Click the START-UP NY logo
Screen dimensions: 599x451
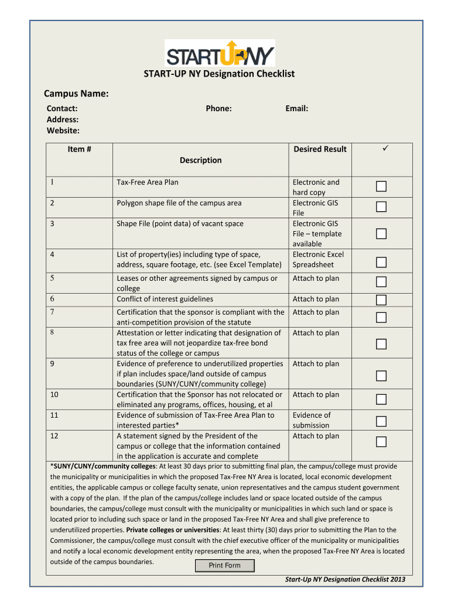click(x=220, y=53)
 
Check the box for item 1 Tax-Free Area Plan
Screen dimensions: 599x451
click(x=381, y=187)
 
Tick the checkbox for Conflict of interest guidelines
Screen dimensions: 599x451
click(x=381, y=300)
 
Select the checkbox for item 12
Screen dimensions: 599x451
click(x=381, y=442)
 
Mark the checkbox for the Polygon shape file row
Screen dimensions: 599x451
click(x=381, y=206)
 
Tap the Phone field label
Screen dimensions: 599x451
click(x=218, y=108)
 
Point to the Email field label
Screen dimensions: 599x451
click(x=296, y=108)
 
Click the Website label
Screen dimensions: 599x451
click(x=63, y=130)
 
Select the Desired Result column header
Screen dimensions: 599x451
click(x=320, y=149)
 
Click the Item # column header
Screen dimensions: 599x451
click(x=79, y=149)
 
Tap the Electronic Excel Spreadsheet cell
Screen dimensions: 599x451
click(x=318, y=259)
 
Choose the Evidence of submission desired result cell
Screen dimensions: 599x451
click(x=311, y=420)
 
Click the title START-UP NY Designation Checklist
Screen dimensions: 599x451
click(x=220, y=74)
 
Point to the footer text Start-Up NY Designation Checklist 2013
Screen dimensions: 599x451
click(x=345, y=580)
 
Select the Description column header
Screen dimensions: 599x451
click(x=200, y=160)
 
